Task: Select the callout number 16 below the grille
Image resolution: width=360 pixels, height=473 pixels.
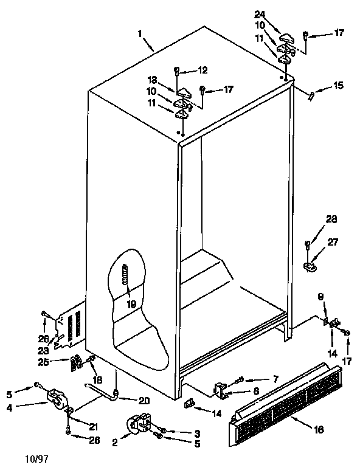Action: [319, 429]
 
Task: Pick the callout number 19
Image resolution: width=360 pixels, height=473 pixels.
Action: [131, 303]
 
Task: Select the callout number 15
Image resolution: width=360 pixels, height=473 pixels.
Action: [337, 86]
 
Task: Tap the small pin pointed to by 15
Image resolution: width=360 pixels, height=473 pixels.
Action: [312, 94]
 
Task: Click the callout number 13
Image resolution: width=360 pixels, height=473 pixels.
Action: [153, 80]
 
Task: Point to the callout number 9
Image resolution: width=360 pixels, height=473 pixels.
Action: [321, 297]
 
